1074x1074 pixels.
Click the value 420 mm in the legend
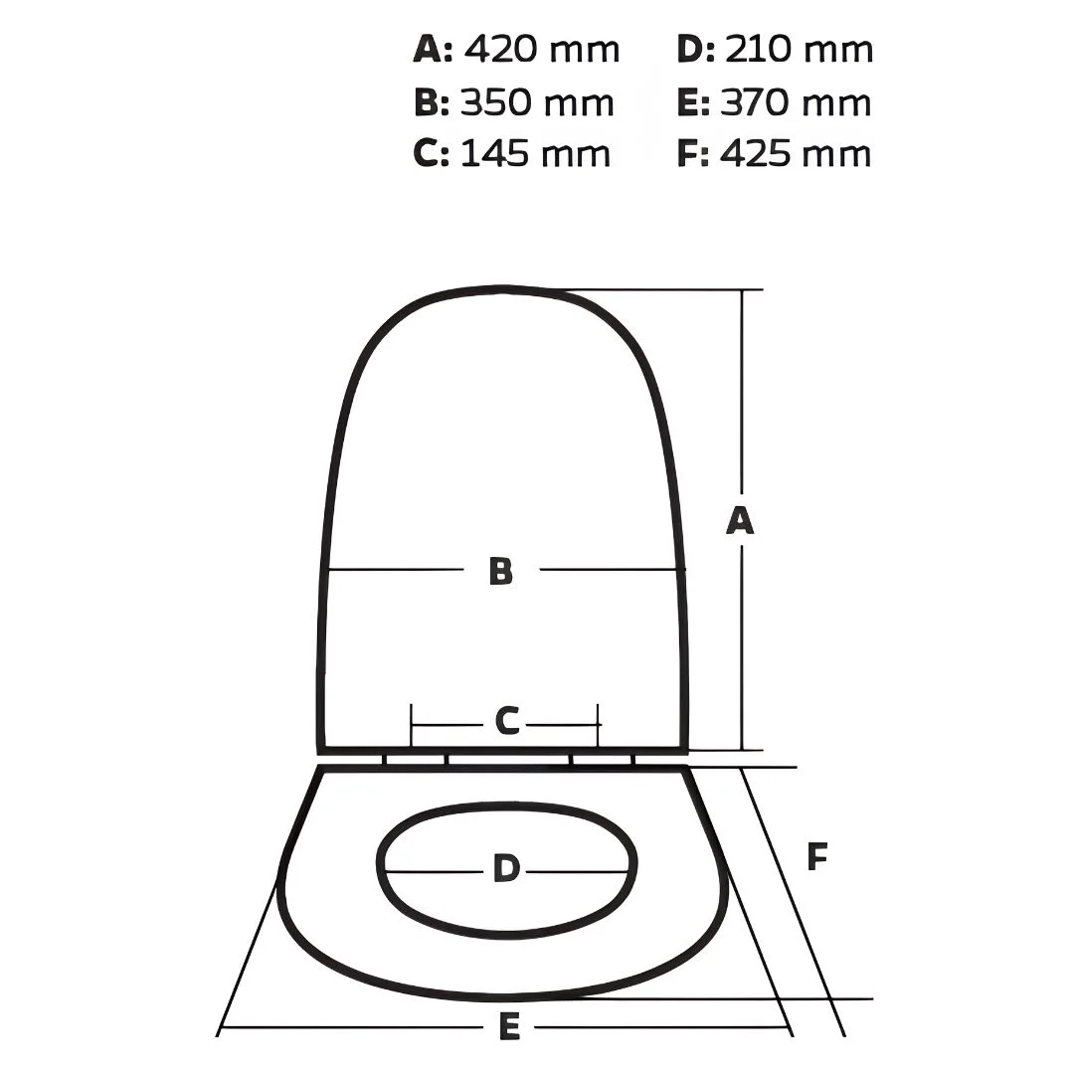[542, 50]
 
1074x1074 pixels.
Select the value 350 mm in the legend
[537, 102]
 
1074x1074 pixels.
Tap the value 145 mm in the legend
[535, 153]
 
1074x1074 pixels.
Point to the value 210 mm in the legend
[799, 50]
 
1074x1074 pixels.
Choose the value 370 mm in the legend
[796, 102]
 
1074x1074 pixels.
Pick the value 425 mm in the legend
[796, 153]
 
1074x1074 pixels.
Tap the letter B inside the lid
[500, 571]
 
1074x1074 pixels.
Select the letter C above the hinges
[507, 721]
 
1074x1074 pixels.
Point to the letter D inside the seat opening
[506, 868]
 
